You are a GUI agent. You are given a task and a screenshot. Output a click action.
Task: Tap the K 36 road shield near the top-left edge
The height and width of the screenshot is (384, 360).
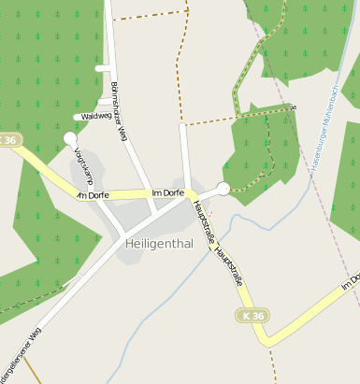[x=8, y=140]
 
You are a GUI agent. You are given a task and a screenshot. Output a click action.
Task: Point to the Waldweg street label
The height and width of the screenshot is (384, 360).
[x=96, y=117]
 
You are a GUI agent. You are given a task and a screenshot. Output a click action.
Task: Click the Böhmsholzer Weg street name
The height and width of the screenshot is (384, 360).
[x=118, y=111]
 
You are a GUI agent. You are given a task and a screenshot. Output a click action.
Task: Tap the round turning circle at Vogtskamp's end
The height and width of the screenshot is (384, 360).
[x=70, y=138]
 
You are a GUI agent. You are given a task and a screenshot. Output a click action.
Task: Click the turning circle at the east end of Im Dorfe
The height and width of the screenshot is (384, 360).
[x=223, y=189]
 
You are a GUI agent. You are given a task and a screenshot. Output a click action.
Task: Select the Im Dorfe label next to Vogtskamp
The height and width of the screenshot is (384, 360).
[x=94, y=195]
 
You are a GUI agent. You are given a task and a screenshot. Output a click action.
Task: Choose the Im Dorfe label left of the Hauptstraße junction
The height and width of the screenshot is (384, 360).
[x=167, y=193]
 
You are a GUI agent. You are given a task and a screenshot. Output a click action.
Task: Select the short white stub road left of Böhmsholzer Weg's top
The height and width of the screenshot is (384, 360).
[x=102, y=68]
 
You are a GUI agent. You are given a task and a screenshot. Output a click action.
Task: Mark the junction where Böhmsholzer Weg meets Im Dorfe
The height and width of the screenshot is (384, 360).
[x=150, y=193]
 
